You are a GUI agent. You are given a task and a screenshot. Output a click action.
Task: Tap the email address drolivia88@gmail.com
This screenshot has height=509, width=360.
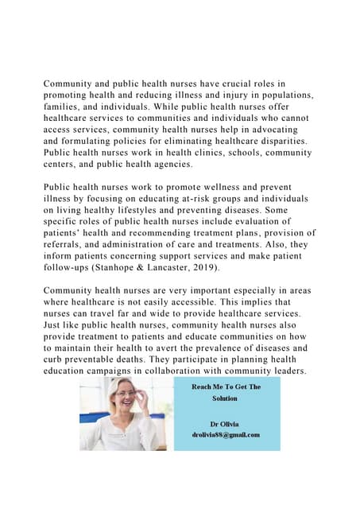pos(226,434)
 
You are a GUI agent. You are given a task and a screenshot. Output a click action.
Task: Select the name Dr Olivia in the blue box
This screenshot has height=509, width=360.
pos(226,423)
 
